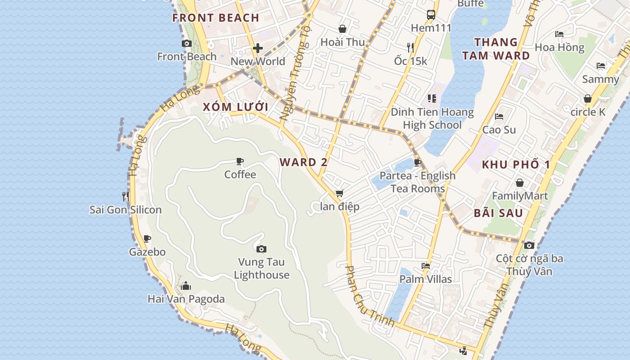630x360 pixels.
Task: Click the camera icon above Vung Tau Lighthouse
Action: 261,249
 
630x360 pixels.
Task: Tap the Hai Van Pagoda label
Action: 186,299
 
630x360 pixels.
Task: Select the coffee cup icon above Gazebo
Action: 147,238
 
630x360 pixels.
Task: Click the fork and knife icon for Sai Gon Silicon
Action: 126,196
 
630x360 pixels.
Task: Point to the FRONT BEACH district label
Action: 216,18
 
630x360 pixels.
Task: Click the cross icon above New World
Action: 258,48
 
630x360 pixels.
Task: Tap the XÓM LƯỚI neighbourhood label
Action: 235,107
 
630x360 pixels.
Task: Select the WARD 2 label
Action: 304,162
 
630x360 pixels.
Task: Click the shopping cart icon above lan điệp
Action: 339,193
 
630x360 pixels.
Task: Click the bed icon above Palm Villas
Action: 426,265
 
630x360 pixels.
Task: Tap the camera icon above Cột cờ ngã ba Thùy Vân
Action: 529,245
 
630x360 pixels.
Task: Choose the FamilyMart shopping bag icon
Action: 520,183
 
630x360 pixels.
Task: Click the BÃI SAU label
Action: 498,213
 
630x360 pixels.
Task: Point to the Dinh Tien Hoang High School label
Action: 432,118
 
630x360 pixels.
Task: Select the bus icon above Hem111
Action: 431,14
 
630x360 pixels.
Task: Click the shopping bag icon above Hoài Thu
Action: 342,29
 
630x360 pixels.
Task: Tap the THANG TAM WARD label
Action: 502,49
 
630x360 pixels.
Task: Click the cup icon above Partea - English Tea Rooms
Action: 418,162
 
